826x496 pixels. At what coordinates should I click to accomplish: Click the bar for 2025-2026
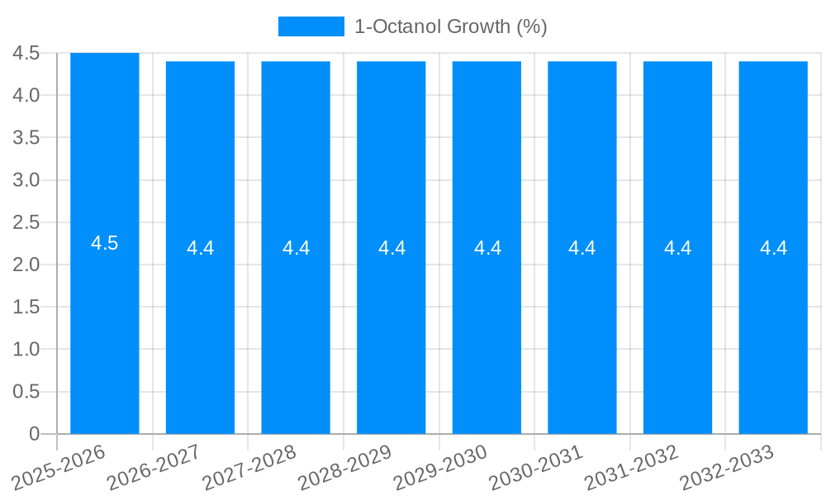tap(105, 331)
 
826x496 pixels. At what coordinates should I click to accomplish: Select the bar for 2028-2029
tap(392, 331)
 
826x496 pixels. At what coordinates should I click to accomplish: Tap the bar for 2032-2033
tap(773, 331)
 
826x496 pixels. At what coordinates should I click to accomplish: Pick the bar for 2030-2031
tap(582, 331)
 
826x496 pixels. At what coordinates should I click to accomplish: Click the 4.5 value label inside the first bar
tap(105, 243)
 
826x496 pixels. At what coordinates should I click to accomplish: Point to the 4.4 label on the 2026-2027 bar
tap(200, 248)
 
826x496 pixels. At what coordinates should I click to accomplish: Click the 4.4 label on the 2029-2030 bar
tap(487, 248)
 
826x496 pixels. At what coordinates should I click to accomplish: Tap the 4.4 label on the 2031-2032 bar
tap(678, 248)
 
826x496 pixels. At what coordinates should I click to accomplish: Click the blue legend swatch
tap(311, 26)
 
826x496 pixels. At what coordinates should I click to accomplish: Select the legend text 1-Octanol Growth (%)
tap(450, 26)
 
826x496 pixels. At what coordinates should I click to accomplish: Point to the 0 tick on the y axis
tap(34, 434)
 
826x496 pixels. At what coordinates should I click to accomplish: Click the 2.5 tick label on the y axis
tap(26, 222)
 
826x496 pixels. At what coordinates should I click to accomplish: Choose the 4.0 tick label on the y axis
tap(26, 95)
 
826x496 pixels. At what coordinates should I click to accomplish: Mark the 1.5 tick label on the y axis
tap(26, 307)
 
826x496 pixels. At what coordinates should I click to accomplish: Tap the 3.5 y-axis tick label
tap(26, 137)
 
